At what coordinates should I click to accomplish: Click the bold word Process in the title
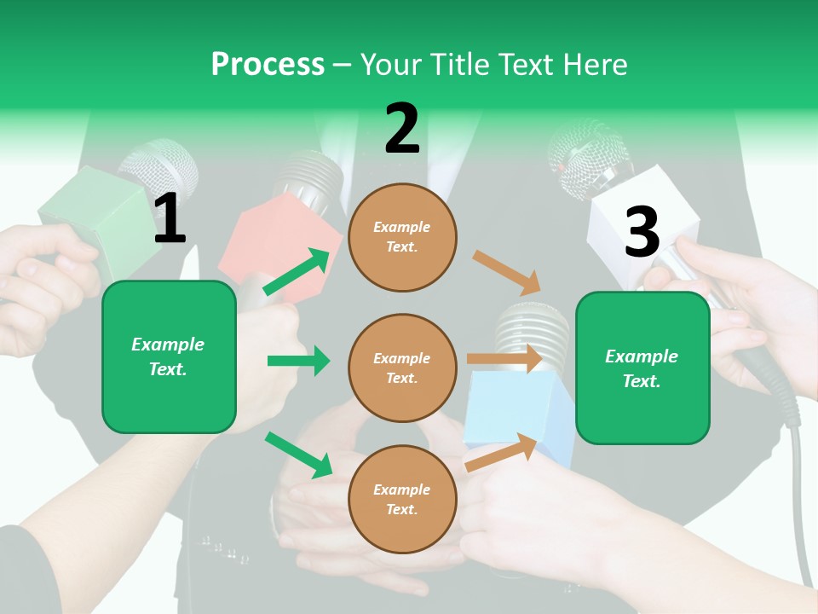click(x=268, y=64)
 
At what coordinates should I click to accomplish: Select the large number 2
click(x=402, y=130)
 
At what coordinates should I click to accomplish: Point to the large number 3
click(x=642, y=232)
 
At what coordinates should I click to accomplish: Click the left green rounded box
click(x=169, y=356)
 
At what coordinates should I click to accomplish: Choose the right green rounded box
click(x=642, y=368)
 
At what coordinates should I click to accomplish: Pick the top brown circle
click(x=402, y=237)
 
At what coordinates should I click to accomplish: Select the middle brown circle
click(x=402, y=368)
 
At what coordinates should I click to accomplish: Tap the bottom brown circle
click(x=402, y=499)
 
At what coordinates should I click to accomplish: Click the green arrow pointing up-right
click(x=297, y=272)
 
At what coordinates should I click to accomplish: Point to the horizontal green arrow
click(x=298, y=361)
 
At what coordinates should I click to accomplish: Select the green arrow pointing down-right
click(x=298, y=455)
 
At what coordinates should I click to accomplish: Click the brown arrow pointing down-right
click(x=507, y=272)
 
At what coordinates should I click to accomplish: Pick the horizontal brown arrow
click(x=504, y=359)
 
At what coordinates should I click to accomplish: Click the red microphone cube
click(x=260, y=243)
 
